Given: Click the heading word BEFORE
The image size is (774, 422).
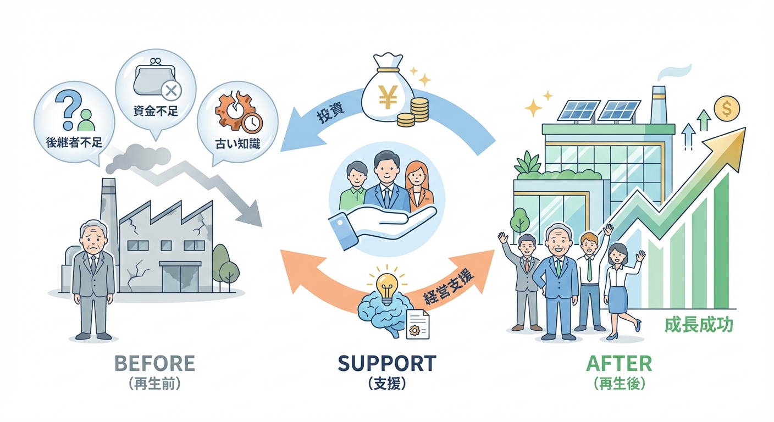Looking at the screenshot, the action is click(x=154, y=363).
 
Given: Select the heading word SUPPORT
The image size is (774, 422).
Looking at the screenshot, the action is click(x=386, y=363).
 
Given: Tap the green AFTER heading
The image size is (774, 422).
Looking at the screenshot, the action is click(x=619, y=363).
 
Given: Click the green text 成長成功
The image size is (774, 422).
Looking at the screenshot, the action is click(x=699, y=325).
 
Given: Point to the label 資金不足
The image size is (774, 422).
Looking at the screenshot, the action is click(x=156, y=110).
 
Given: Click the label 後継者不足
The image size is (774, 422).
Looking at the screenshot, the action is click(x=74, y=142).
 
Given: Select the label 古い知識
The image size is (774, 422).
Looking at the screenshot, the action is click(x=237, y=143).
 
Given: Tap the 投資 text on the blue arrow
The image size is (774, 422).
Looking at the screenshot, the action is click(x=331, y=113).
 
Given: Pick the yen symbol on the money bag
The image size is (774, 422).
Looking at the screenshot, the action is click(x=388, y=97).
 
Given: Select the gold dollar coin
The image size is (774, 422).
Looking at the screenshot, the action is click(x=727, y=109).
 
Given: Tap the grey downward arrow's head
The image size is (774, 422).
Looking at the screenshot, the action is click(x=250, y=213).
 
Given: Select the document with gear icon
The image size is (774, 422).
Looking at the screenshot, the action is click(x=418, y=324).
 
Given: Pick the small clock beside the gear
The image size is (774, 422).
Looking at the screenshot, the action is click(x=252, y=123).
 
